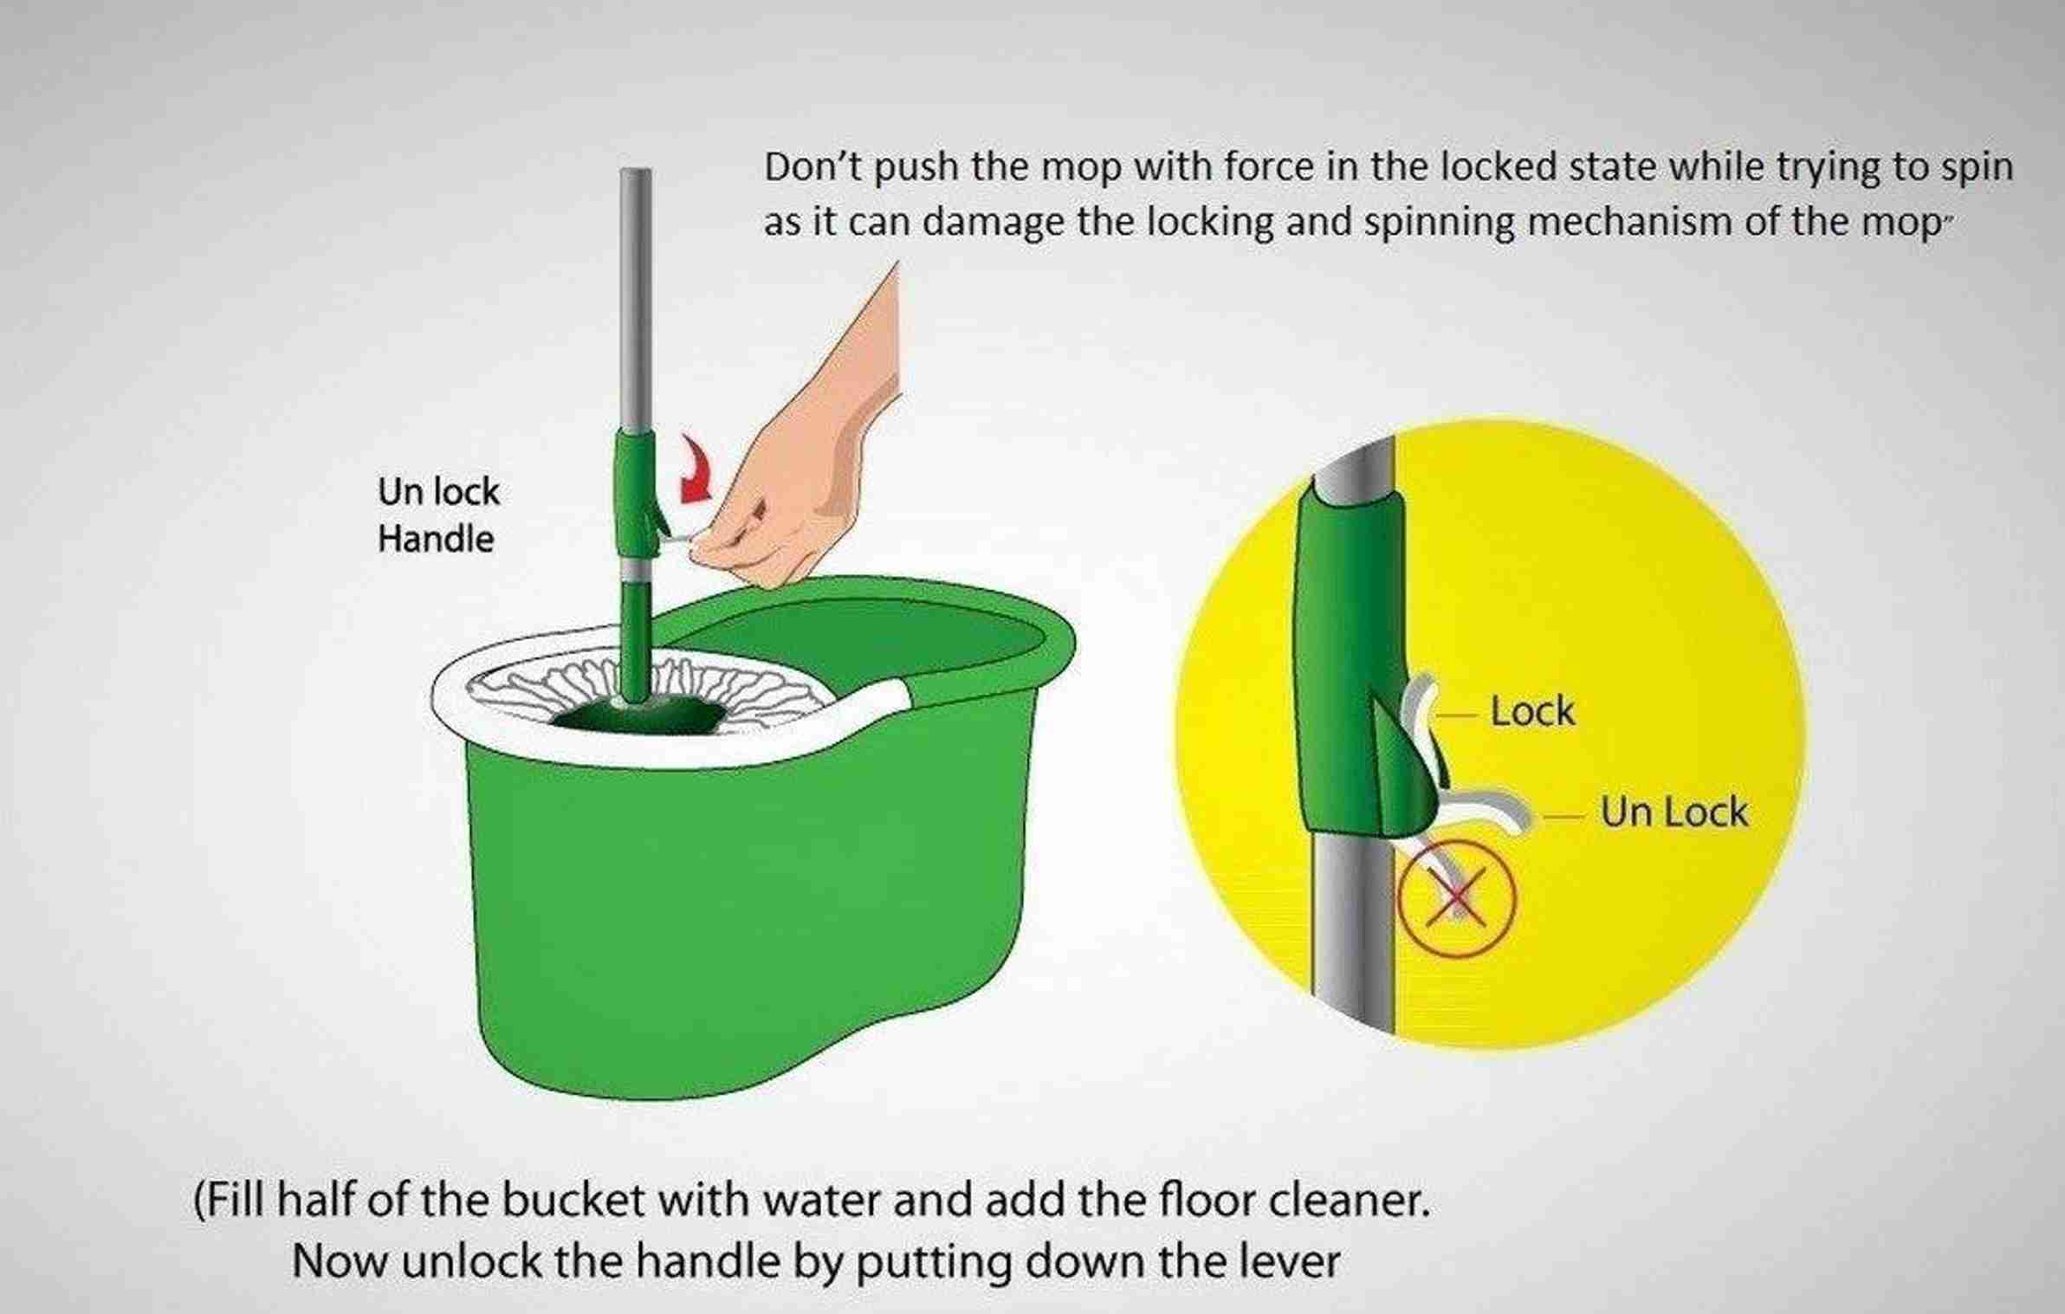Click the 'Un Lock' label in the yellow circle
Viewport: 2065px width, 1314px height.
coord(1673,813)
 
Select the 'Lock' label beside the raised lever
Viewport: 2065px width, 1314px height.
coord(1531,712)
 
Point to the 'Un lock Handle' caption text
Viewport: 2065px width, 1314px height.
coord(438,515)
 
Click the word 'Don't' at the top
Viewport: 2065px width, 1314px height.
coord(814,167)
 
